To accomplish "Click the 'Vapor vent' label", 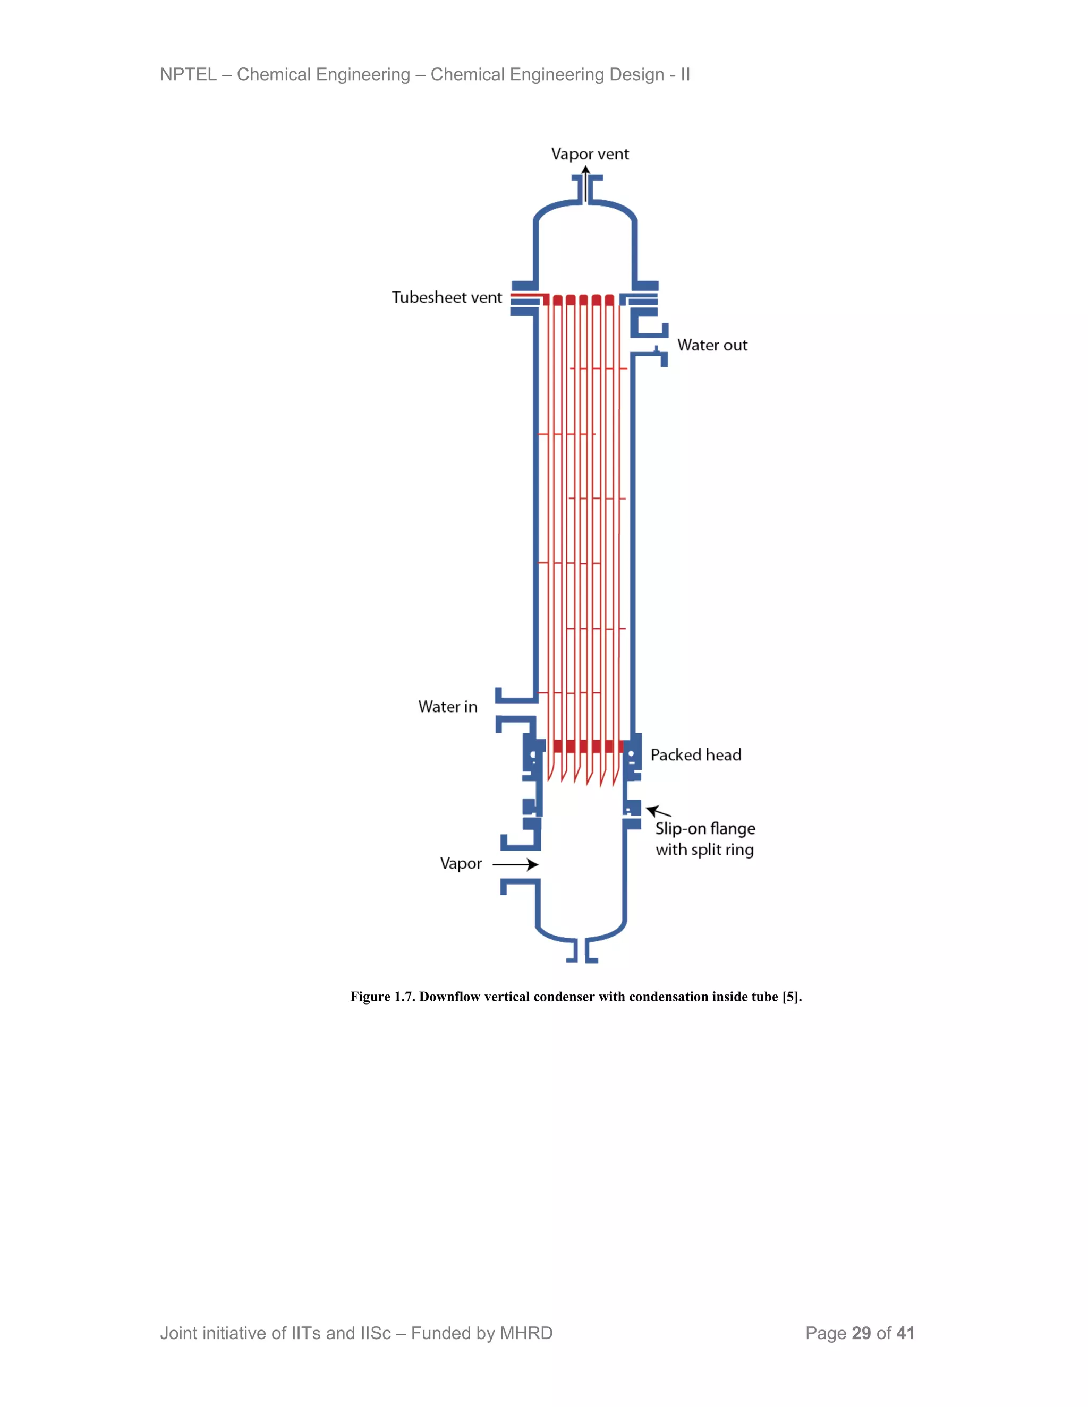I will click(590, 155).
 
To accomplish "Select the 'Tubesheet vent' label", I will click(447, 298).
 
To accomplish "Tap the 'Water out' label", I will click(712, 345).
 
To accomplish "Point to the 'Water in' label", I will click(448, 707).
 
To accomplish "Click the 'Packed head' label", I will click(695, 755).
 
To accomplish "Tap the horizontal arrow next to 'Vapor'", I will click(516, 864).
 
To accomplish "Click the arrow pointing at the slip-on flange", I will click(658, 812).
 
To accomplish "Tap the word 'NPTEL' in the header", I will click(188, 75).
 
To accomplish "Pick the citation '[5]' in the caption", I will click(791, 997).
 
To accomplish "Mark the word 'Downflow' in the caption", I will click(450, 997).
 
